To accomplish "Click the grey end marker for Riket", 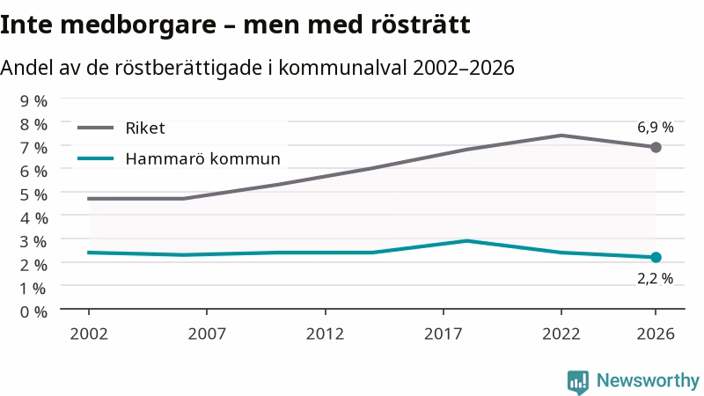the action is pyautogui.click(x=656, y=147).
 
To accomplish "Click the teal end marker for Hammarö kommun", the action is pyautogui.click(x=656, y=257).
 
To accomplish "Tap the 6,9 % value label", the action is pyautogui.click(x=655, y=128).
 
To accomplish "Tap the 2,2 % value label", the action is pyautogui.click(x=655, y=279).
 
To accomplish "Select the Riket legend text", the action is pyautogui.click(x=145, y=128).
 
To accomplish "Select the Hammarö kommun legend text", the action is pyautogui.click(x=203, y=159).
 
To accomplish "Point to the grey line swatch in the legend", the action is pyautogui.click(x=96, y=128).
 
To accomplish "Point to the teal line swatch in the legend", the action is pyautogui.click(x=96, y=158).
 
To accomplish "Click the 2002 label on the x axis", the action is pyautogui.click(x=89, y=334).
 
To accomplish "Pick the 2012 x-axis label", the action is pyautogui.click(x=325, y=334).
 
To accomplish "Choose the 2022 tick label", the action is pyautogui.click(x=561, y=334).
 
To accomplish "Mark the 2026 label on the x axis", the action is pyautogui.click(x=656, y=334).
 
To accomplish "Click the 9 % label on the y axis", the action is pyautogui.click(x=33, y=101).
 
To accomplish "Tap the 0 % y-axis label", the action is pyautogui.click(x=33, y=312).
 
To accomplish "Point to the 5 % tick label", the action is pyautogui.click(x=33, y=194).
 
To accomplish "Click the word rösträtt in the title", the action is pyautogui.click(x=421, y=25).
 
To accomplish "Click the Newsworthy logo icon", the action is pyautogui.click(x=578, y=383).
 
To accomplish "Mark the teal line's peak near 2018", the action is pyautogui.click(x=467, y=240).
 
